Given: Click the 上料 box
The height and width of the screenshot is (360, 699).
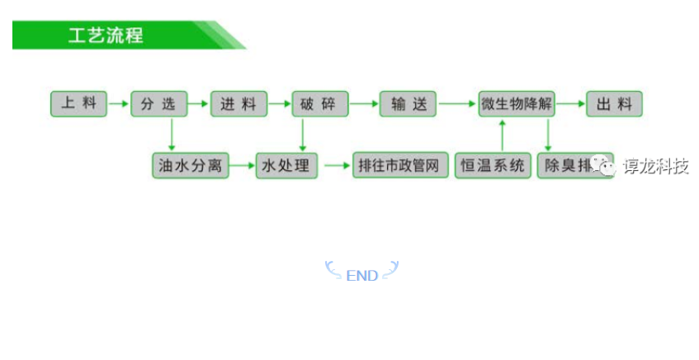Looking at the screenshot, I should tap(79, 104).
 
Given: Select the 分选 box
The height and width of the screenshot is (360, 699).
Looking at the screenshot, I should tap(158, 104).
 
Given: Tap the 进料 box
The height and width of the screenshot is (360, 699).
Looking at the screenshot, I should tap(239, 104).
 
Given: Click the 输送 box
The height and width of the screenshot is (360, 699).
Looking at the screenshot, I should tap(408, 104).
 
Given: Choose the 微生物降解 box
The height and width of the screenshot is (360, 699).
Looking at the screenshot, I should tap(517, 104).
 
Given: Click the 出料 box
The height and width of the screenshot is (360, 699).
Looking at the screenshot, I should tap(614, 104).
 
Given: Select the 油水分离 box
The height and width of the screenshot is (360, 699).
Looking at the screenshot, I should tap(190, 165).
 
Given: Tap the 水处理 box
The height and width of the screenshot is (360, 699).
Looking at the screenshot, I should tap(286, 165).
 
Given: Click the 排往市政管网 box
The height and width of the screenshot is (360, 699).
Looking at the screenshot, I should tap(400, 165).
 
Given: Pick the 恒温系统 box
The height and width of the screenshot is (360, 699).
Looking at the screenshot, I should tap(493, 165).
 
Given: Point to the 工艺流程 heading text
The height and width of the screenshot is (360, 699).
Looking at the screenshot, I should tap(105, 36).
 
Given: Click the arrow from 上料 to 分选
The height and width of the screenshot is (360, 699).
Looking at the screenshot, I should tap(119, 104).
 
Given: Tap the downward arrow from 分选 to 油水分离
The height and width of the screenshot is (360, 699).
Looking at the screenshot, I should tap(171, 135).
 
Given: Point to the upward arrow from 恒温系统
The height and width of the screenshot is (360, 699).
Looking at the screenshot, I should tap(503, 135).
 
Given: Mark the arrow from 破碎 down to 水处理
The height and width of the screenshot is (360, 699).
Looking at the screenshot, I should tap(302, 135).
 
